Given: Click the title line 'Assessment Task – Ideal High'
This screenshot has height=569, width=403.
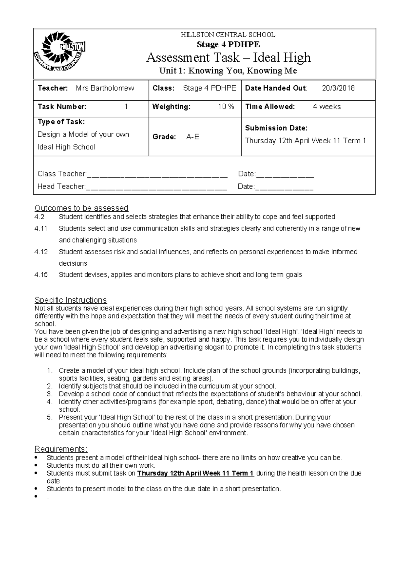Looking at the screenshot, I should tap(228, 58).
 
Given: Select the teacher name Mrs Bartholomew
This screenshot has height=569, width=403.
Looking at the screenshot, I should tap(105, 88).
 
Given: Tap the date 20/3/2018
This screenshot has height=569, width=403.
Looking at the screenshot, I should tap(338, 88).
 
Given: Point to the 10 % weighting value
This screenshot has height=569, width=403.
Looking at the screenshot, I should tap(226, 107).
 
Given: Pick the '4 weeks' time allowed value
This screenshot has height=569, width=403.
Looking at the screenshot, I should tap(327, 107).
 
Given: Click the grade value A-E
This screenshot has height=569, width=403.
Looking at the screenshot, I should tap(193, 137).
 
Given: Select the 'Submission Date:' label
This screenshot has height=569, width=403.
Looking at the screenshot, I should tap(276, 128).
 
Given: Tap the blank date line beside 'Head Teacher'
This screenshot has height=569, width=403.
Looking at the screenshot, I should tap(284, 187).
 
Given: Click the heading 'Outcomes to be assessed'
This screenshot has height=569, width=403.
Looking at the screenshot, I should tap(82, 208).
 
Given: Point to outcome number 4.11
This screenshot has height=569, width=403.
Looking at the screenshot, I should tap(41, 228).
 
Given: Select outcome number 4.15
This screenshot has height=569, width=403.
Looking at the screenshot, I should tap(41, 275).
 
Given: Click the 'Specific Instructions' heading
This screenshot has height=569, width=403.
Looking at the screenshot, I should tap(71, 300).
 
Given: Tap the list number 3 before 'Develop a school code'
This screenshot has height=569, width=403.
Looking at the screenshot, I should tap(50, 394).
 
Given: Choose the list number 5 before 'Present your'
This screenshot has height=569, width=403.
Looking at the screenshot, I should tap(50, 417).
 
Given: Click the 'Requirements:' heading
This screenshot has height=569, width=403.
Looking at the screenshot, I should tap(61, 449).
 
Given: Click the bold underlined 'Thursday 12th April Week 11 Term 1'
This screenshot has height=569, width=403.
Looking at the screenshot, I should tap(195, 473).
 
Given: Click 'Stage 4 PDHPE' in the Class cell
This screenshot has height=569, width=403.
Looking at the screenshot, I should tap(210, 88).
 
